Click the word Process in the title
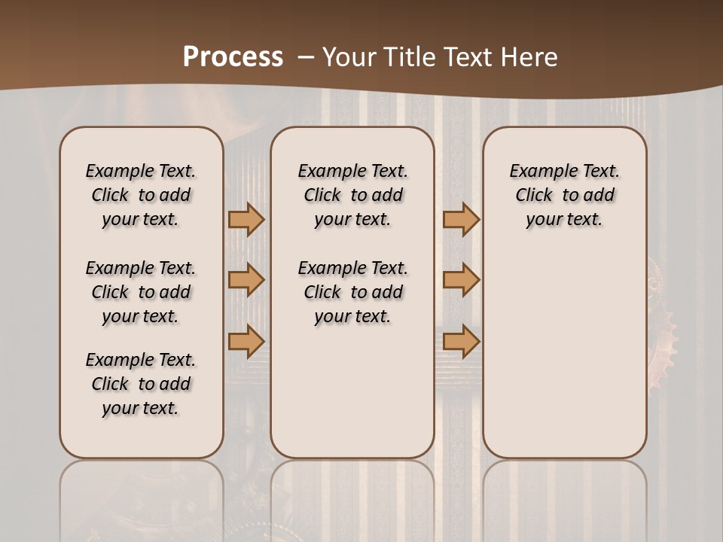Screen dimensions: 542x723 click(x=233, y=57)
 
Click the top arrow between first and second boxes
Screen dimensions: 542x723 click(x=246, y=219)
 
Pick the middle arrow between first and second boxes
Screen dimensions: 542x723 click(x=246, y=280)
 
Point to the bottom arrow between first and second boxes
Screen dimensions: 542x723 click(x=246, y=341)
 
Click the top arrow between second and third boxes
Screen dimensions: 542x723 click(x=461, y=219)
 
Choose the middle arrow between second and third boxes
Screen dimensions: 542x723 click(x=461, y=280)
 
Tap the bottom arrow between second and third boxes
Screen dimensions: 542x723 click(x=461, y=341)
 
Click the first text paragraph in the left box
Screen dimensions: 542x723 click(x=141, y=195)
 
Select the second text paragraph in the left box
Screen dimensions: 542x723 click(x=141, y=292)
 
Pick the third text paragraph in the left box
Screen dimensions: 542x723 click(x=141, y=384)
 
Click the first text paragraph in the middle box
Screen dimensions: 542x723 click(x=353, y=195)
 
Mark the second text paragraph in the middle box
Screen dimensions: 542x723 click(x=353, y=292)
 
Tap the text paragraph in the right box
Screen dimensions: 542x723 click(x=565, y=195)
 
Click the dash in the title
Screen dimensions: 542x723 click(x=306, y=57)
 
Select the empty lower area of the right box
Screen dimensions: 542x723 click(x=565, y=354)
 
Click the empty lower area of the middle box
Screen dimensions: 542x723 click(x=353, y=399)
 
